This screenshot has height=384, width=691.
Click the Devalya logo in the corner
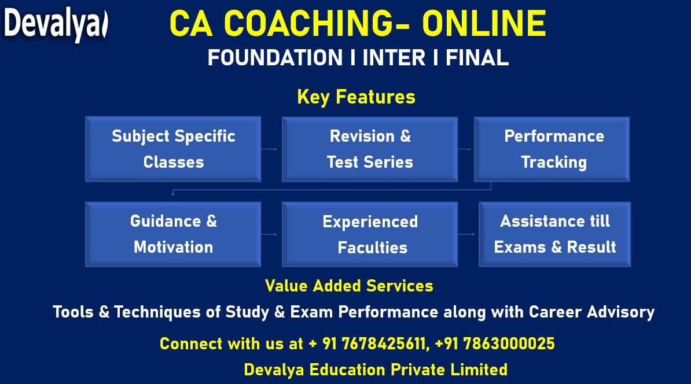click(56, 24)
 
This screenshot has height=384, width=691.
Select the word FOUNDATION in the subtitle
click(275, 58)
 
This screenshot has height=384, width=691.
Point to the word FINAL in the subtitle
click(477, 58)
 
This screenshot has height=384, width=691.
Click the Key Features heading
click(356, 97)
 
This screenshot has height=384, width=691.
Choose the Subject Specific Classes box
click(173, 149)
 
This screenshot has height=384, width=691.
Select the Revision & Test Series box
click(370, 149)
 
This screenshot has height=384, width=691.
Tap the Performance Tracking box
click(552, 149)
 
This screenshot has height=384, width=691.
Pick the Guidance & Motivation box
click(173, 234)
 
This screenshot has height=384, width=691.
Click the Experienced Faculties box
click(370, 234)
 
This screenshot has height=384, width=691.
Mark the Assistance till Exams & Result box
click(555, 234)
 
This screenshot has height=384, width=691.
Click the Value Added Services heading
click(349, 286)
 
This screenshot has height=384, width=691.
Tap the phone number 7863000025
click(495, 344)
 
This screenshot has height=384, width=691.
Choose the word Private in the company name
click(418, 370)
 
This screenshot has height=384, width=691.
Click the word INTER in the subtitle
click(394, 58)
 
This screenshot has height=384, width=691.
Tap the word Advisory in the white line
click(620, 312)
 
